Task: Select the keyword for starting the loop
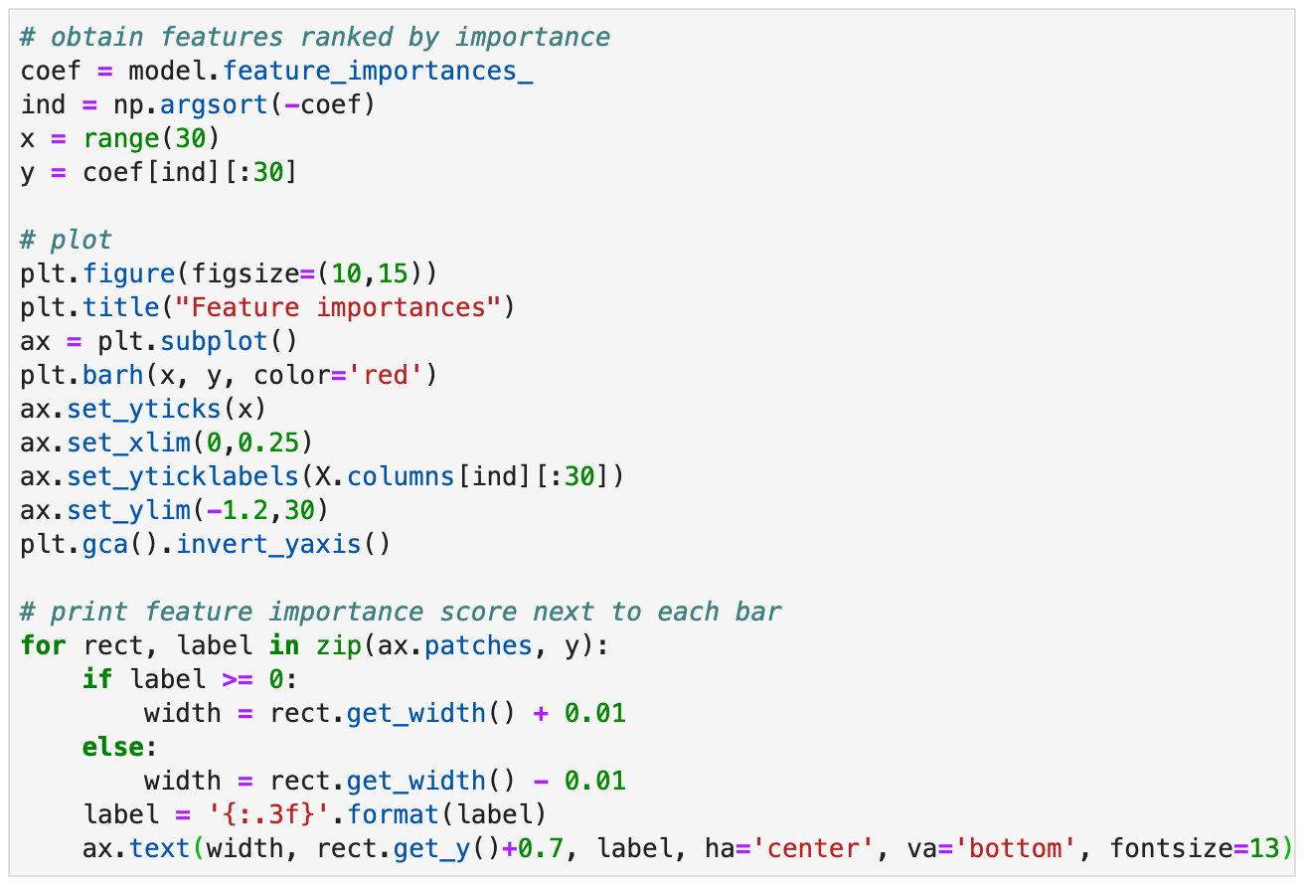coord(43,645)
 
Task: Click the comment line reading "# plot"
coord(66,240)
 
